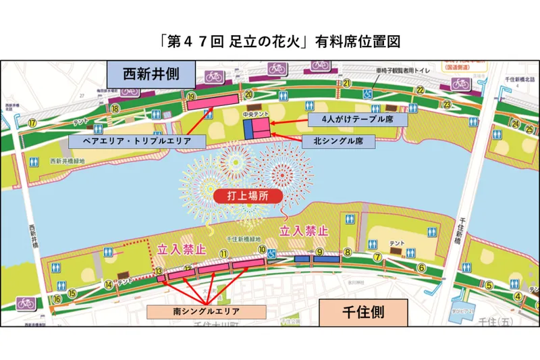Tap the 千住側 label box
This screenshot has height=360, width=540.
click(x=363, y=313)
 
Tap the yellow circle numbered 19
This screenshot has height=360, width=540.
click(x=192, y=97)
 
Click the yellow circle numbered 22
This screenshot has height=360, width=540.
click(x=420, y=91)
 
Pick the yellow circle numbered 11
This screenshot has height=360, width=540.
click(x=223, y=253)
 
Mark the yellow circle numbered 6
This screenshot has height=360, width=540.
click(x=421, y=267)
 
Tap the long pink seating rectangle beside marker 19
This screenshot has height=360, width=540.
click(x=213, y=103)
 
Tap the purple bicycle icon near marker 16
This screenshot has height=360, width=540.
click(x=26, y=303)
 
